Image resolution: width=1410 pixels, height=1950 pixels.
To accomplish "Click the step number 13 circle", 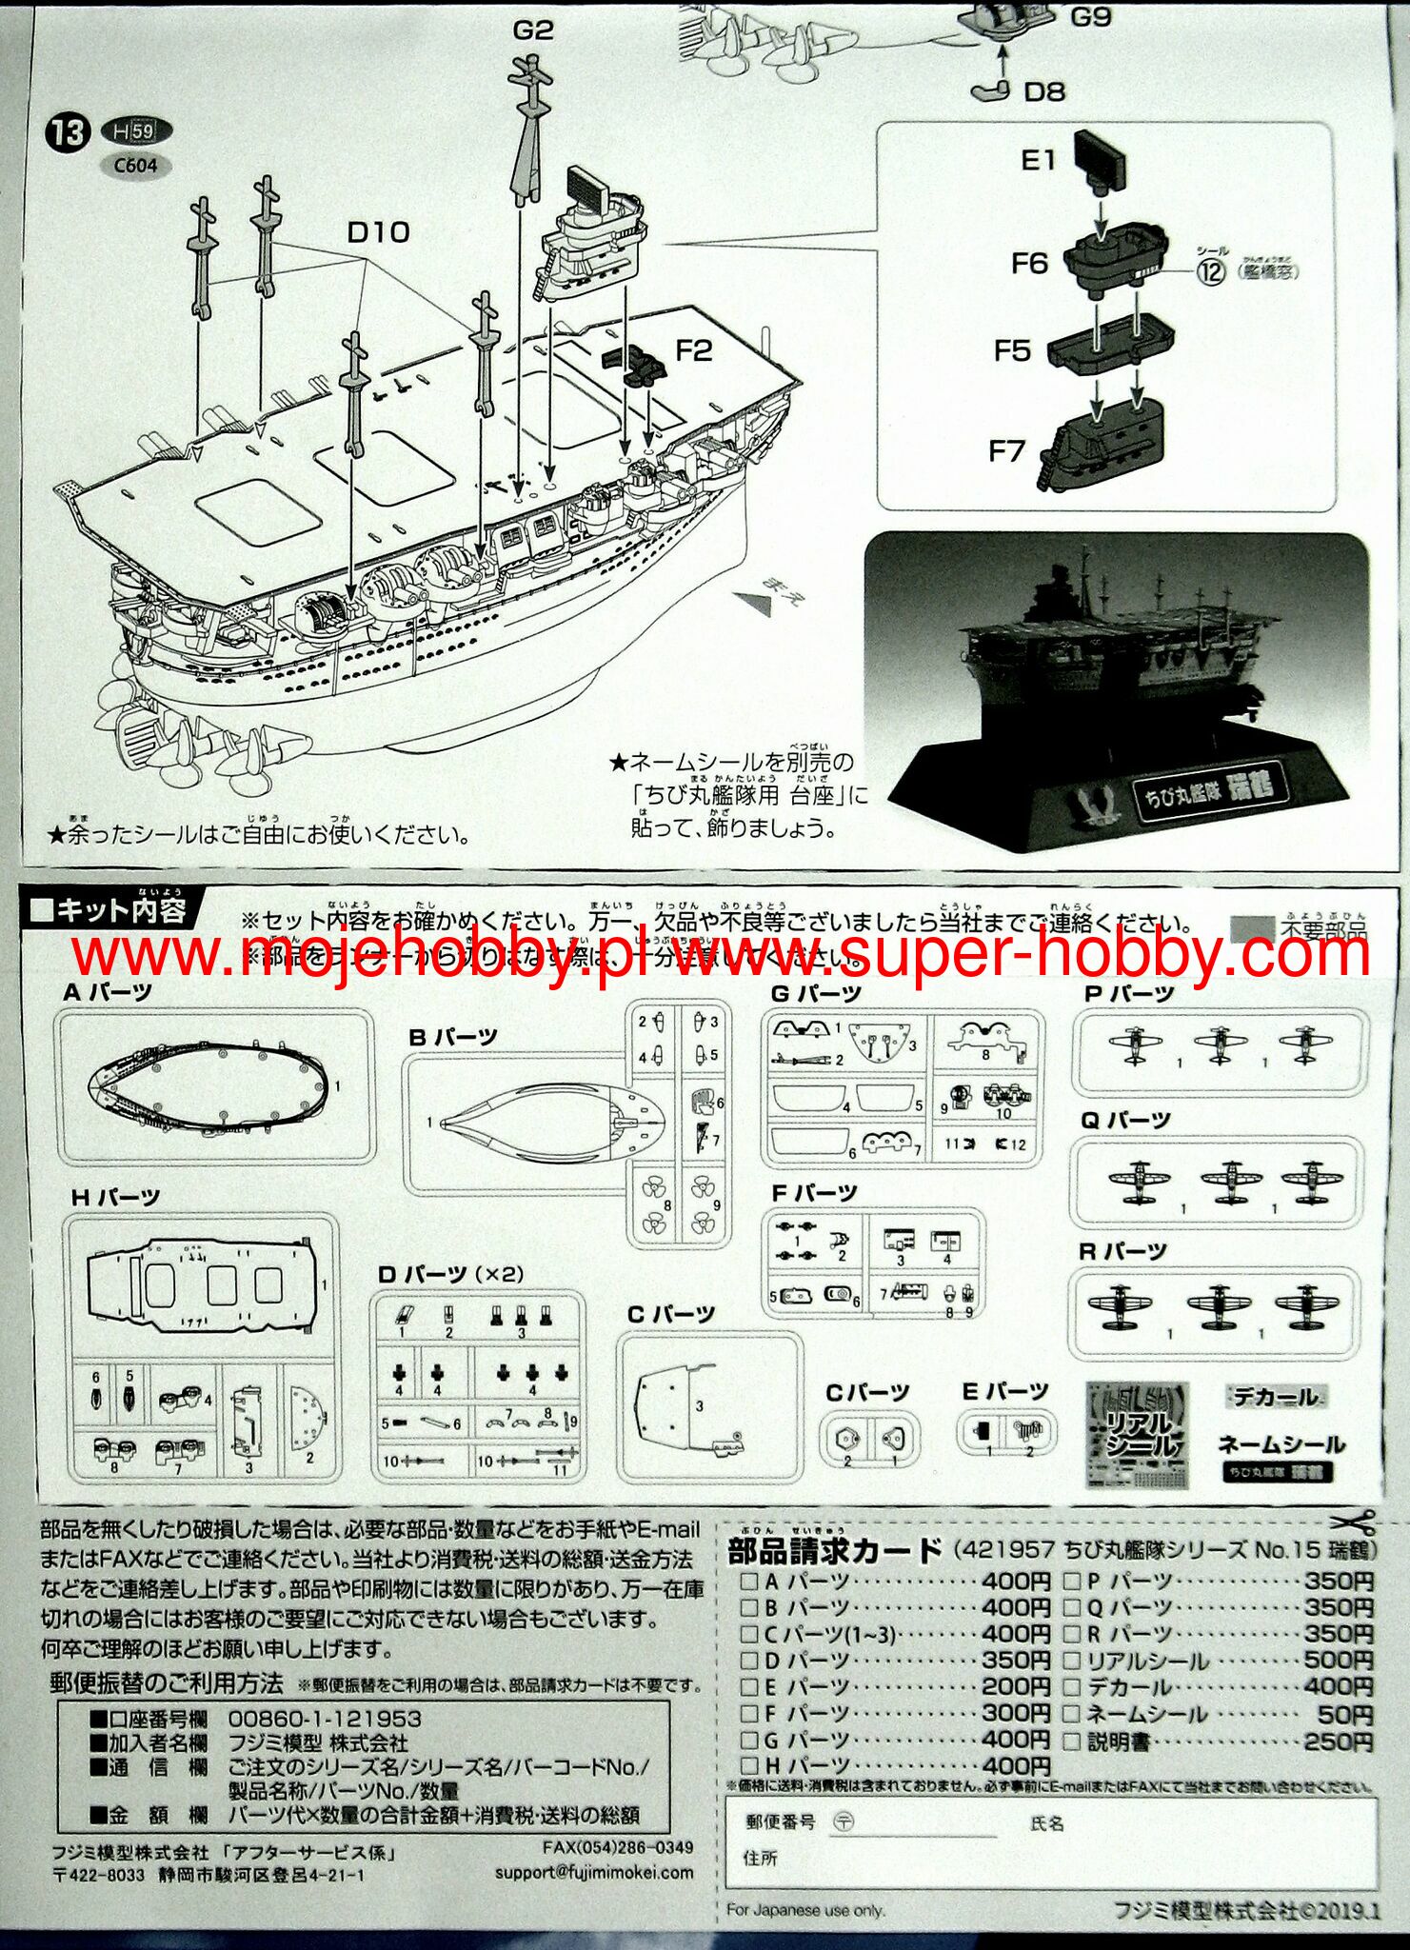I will click(69, 132).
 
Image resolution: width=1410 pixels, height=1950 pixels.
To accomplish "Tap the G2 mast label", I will click(532, 30).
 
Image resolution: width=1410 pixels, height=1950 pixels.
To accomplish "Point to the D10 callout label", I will click(378, 231).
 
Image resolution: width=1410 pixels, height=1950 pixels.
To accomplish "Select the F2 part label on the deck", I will click(694, 351).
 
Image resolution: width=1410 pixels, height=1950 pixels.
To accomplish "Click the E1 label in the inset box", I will click(1038, 160).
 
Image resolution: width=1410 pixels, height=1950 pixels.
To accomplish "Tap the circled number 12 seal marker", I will click(1211, 272).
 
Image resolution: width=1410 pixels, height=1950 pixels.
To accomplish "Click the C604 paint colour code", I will click(134, 166).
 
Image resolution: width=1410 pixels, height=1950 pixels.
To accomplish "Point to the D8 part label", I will click(1043, 91).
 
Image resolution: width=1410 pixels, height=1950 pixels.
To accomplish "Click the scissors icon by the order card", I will click(1355, 1520).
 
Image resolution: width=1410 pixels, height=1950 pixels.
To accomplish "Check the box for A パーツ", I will click(750, 1582).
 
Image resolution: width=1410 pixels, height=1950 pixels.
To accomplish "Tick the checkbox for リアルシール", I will click(1071, 1661).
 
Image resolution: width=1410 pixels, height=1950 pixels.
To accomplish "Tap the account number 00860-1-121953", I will click(325, 1720).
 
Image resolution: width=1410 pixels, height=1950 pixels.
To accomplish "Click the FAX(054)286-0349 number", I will click(617, 1847).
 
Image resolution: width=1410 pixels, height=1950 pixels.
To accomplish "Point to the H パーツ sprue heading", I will click(115, 1197).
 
